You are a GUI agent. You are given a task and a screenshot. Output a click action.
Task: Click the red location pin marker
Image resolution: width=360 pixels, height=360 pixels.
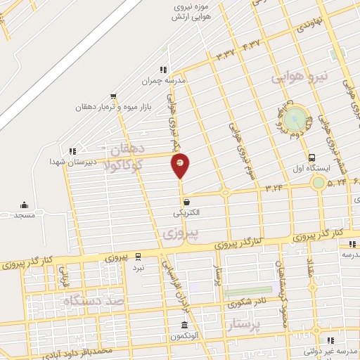tap(180, 165)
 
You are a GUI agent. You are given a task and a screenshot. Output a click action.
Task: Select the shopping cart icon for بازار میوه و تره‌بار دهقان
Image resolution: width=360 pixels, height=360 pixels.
tap(113, 97)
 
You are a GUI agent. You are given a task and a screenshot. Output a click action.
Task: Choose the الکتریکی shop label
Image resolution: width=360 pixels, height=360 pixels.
tap(186, 212)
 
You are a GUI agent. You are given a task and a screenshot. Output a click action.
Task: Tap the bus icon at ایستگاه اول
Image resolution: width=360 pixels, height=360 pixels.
tap(311, 157)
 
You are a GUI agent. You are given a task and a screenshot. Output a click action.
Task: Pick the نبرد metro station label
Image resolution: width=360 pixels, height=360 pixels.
tap(139, 267)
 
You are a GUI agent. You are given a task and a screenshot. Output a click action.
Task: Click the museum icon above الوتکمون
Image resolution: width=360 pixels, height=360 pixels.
tap(184, 325)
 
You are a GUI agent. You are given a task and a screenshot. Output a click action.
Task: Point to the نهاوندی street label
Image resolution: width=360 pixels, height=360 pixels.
tap(308, 27)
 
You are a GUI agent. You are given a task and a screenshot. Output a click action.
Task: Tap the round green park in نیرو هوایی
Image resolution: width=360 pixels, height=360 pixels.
tap(296, 117)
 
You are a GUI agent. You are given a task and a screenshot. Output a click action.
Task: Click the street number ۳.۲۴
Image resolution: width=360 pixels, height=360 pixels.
tap(274, 188)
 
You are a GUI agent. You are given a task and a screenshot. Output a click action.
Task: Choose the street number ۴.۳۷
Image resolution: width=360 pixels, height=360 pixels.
tap(251, 44)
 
